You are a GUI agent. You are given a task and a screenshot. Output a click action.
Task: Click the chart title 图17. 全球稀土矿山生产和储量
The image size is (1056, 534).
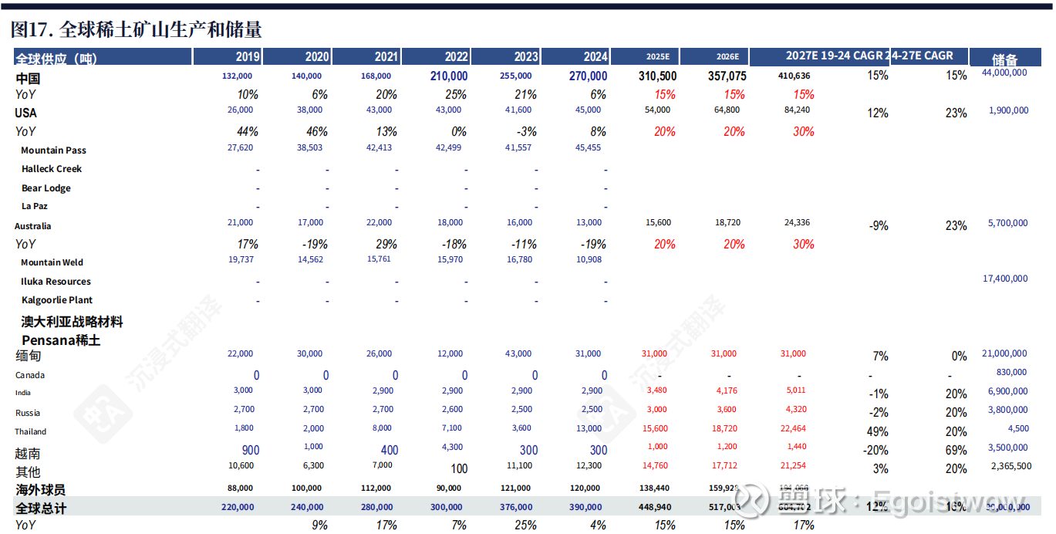137,29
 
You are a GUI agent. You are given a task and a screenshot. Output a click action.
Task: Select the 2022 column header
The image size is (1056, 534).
456,57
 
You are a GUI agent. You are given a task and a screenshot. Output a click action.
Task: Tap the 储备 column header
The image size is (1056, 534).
1004,59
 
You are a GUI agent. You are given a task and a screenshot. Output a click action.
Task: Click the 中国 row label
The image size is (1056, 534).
28,78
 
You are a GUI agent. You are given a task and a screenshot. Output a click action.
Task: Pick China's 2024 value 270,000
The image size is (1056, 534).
588,76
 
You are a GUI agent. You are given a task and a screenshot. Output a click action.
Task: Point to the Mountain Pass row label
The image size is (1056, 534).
53,150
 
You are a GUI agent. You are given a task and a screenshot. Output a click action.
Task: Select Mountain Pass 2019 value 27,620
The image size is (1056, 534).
237,147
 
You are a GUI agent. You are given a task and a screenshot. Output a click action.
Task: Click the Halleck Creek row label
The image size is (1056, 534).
51,169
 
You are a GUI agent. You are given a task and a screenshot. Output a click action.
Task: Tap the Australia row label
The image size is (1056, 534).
33,226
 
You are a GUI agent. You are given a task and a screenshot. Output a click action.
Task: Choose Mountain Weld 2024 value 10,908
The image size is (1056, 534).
589,260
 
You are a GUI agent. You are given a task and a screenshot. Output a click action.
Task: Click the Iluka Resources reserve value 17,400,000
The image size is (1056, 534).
1005,279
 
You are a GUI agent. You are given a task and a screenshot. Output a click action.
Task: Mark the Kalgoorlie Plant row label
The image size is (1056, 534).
57,300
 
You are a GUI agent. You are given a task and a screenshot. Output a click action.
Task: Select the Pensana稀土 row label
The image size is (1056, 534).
61,340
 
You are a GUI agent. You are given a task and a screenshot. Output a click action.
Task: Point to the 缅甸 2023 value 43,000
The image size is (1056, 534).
518,354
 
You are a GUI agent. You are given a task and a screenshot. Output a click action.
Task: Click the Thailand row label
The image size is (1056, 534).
31,431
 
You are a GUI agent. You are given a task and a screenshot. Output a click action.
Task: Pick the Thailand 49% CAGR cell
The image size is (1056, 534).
878,431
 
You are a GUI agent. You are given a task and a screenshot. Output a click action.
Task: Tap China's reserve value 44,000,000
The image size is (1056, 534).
1004,73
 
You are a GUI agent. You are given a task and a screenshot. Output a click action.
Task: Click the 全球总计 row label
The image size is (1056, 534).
42,508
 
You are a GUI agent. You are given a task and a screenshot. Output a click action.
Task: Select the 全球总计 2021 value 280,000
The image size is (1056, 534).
377,507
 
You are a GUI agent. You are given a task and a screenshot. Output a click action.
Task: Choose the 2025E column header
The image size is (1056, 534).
657,57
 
